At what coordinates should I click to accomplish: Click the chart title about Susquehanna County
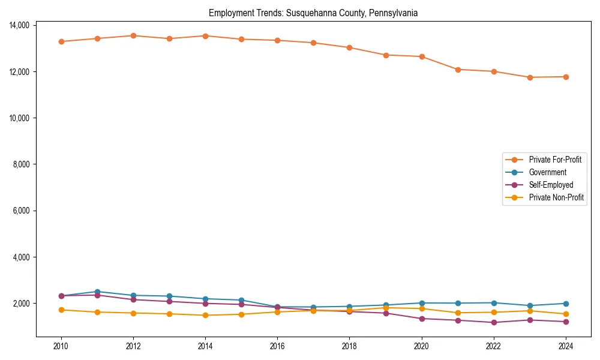click(x=313, y=13)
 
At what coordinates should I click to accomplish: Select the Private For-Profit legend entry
click(x=551, y=160)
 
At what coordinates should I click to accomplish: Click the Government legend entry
click(x=547, y=172)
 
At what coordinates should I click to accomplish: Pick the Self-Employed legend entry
click(x=551, y=185)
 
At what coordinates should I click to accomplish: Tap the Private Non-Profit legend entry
click(x=556, y=197)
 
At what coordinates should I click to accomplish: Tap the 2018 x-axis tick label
click(x=349, y=346)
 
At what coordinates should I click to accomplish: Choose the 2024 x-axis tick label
click(x=565, y=346)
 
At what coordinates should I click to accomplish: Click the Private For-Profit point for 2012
click(x=133, y=35)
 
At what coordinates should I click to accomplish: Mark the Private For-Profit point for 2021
click(x=458, y=70)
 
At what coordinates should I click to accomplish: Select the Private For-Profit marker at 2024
click(x=566, y=77)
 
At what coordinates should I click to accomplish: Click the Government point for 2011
click(x=97, y=292)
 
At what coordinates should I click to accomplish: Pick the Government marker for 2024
click(x=566, y=304)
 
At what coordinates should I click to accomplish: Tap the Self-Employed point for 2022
click(x=494, y=322)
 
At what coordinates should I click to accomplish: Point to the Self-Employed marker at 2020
click(x=422, y=319)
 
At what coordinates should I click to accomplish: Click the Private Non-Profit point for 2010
click(x=61, y=310)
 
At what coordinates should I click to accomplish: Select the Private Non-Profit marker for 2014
click(x=205, y=315)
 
